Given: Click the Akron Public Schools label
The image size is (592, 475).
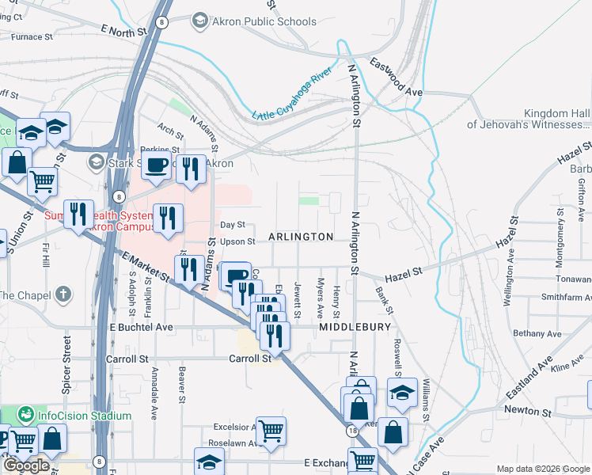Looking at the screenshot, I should click(264, 21).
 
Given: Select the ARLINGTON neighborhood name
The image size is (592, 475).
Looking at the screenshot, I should click(301, 237).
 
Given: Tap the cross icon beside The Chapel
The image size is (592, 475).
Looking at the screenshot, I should click(64, 294).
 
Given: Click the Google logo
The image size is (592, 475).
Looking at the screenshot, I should click(26, 465).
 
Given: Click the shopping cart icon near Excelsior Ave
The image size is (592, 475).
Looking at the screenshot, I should click(271, 431).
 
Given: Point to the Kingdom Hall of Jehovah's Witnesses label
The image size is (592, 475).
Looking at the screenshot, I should click(529, 118).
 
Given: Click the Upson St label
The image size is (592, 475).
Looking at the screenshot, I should click(237, 241).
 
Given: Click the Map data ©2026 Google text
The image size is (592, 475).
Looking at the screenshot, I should click(542, 469).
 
